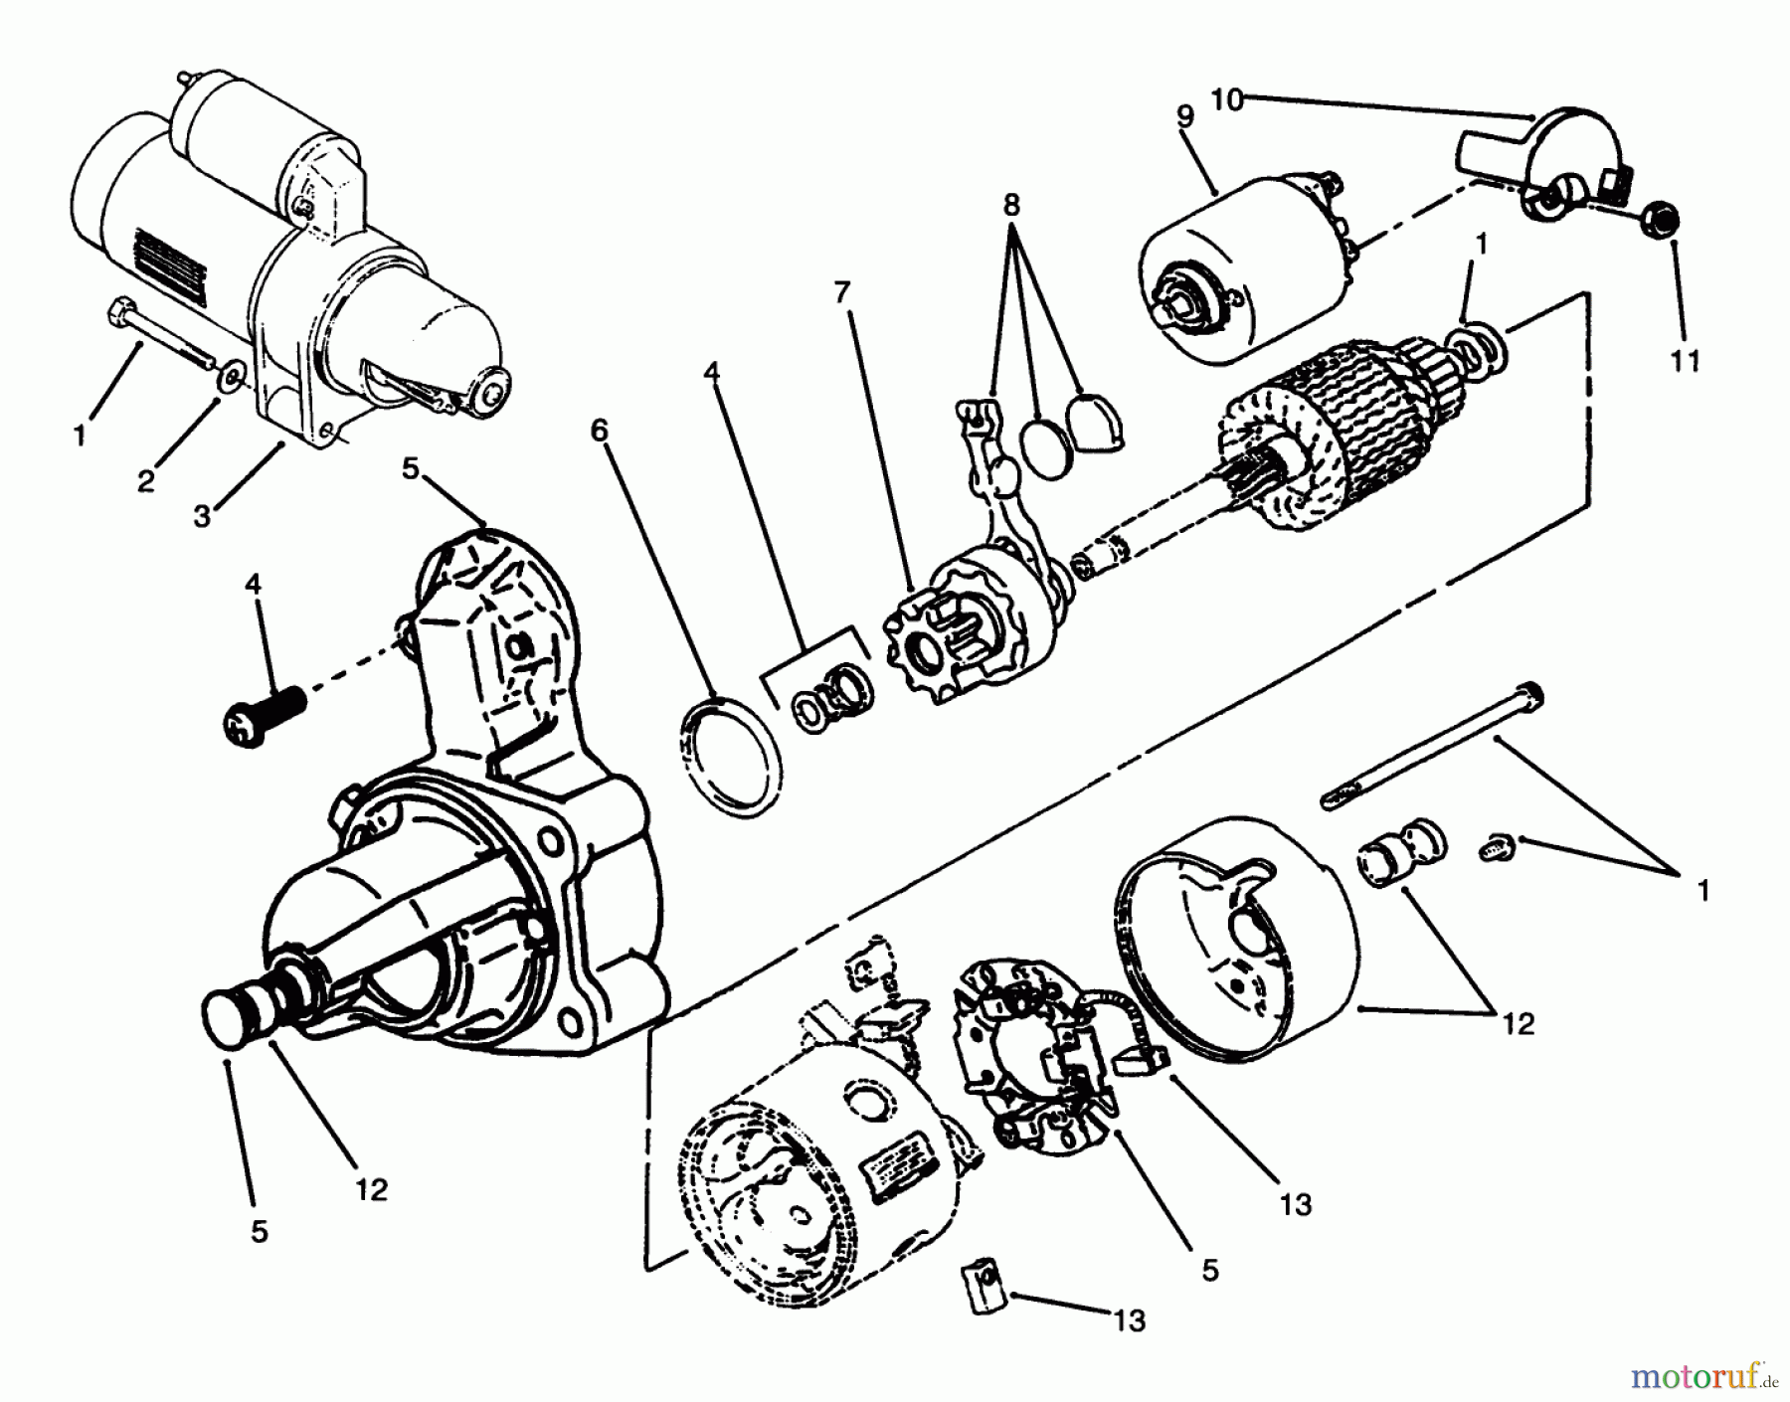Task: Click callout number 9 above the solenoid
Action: tap(1184, 115)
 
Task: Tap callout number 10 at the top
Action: tap(1227, 99)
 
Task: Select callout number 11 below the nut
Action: tap(1685, 360)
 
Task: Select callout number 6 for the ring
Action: tap(598, 431)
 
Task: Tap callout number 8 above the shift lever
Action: tap(1010, 206)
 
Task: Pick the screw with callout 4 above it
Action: tap(262, 713)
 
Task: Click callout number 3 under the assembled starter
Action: tap(202, 516)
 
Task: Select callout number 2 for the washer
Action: tap(146, 482)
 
